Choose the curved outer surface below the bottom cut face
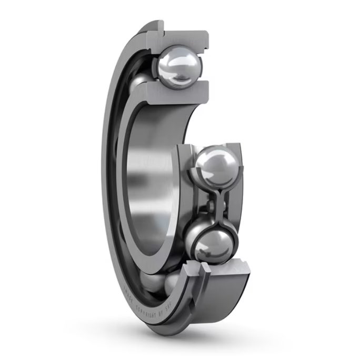pyautogui.click(x=221, y=305)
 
